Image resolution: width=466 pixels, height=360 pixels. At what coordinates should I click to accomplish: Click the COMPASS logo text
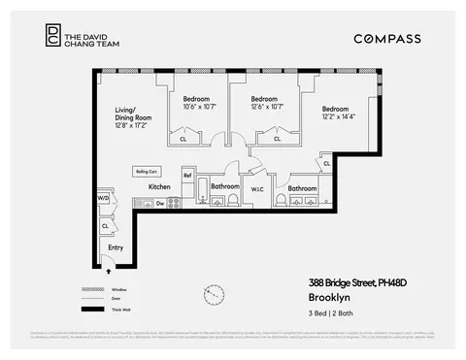click(x=387, y=39)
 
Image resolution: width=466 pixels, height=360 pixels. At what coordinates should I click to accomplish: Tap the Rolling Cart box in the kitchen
click(x=147, y=172)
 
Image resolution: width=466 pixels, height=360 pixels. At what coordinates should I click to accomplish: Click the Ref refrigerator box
click(x=187, y=176)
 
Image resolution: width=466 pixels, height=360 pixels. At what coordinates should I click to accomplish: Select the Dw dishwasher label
click(x=160, y=204)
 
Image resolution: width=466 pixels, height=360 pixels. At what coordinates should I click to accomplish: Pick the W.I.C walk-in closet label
click(x=257, y=189)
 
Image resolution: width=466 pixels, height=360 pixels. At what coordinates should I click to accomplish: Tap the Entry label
click(x=116, y=247)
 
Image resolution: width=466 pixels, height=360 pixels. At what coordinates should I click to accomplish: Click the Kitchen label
click(x=159, y=186)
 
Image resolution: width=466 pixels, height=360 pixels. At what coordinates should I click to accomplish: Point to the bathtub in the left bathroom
click(x=203, y=188)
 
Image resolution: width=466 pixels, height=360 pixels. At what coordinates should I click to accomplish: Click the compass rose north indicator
click(x=214, y=294)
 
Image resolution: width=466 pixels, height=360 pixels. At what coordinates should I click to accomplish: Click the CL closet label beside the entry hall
click(x=104, y=226)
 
